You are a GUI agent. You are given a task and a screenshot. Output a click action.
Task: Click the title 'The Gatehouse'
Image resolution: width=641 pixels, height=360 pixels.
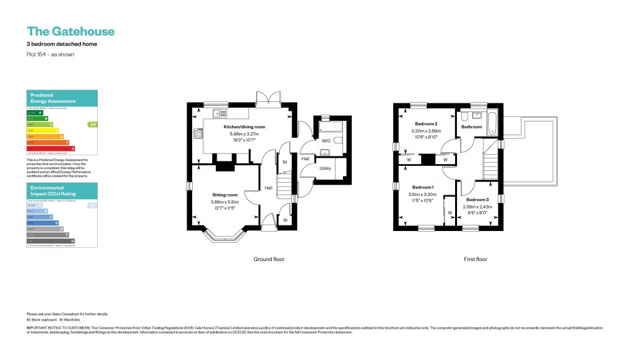(70, 31)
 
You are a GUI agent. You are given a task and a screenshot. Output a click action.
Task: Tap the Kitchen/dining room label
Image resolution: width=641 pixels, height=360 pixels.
(244, 127)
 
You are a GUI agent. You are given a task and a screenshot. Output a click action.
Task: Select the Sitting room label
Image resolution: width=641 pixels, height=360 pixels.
(224, 195)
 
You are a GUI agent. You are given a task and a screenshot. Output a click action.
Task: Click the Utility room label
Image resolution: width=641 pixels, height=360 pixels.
(325, 168)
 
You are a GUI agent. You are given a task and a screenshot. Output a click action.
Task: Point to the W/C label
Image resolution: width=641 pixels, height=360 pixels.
(326, 141)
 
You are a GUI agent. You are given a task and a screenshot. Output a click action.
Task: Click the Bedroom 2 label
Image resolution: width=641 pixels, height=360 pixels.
(426, 124)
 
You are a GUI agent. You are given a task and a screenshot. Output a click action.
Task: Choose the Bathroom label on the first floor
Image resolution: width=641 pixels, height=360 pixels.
(471, 127)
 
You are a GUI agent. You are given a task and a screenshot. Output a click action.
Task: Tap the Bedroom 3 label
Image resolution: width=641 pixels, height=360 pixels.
(477, 199)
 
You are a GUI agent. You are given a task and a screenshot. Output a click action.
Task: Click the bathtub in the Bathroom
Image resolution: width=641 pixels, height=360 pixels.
(491, 124)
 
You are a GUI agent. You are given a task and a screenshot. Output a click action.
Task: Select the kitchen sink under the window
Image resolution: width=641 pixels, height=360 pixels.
(220, 114)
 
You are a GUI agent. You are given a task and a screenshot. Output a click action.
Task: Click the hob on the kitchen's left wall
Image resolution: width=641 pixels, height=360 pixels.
(198, 133)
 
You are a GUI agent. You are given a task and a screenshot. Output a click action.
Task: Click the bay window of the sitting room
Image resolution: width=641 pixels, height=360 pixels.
(223, 237)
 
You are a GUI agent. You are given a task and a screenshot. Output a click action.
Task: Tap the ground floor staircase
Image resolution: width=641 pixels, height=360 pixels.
(285, 186)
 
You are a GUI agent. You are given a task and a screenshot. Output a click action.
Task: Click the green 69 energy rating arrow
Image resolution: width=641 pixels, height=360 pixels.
(93, 125)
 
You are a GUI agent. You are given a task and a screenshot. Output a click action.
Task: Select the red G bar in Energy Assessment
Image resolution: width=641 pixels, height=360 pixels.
(51, 148)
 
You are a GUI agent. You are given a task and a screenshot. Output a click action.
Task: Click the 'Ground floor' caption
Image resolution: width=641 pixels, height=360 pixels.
(269, 259)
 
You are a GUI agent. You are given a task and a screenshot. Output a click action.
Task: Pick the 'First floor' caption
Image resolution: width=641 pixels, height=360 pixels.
(475, 259)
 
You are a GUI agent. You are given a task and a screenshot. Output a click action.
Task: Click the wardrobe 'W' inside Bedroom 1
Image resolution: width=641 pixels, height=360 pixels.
(449, 212)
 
